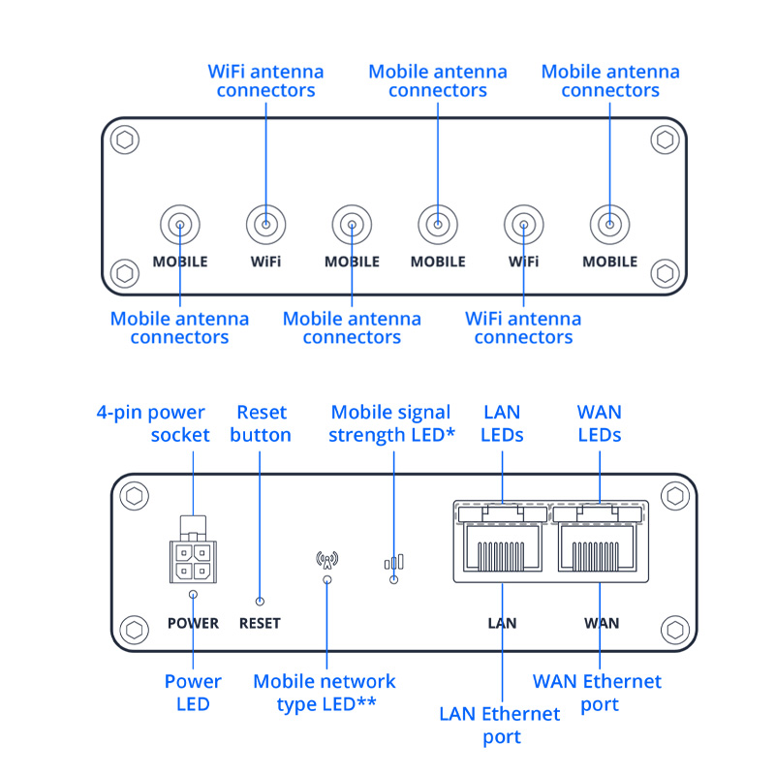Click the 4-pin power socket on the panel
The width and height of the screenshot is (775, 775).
[x=194, y=556]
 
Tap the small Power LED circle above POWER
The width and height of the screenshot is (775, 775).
[x=194, y=596]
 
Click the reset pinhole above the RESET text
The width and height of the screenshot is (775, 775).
[x=259, y=601]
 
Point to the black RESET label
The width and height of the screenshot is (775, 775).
[x=259, y=623]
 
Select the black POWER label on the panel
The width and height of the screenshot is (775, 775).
[x=194, y=623]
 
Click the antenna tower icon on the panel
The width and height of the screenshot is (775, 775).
[x=327, y=560]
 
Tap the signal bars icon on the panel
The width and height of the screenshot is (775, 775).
[x=393, y=562]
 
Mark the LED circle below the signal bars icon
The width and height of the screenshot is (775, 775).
[x=393, y=579]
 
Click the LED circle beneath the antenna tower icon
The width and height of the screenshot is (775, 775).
[x=327, y=579]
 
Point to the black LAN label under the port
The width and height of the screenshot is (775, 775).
[x=502, y=623]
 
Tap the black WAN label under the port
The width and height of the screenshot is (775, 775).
[x=602, y=623]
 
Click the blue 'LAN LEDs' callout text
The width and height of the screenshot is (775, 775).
[x=502, y=424]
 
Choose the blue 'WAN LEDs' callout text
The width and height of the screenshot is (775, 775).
[x=599, y=424]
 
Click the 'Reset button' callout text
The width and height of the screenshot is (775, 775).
[x=261, y=424]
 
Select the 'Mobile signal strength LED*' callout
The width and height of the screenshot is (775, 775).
[x=392, y=424]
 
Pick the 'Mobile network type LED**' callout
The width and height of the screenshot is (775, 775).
[x=325, y=693]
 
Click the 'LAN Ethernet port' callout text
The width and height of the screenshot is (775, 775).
[x=500, y=726]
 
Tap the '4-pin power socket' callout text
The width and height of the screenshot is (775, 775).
[x=153, y=423]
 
